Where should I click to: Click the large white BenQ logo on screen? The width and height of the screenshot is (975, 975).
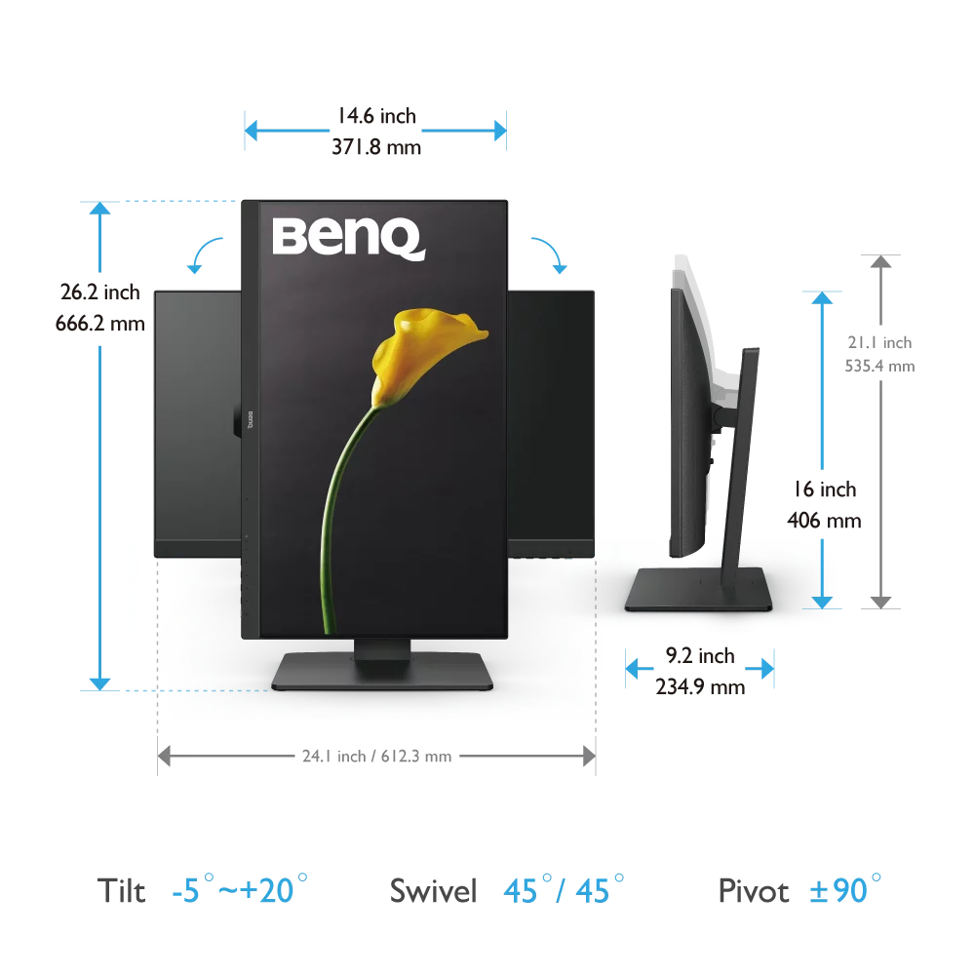coord(348,237)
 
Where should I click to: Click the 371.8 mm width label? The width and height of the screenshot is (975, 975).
coord(376,147)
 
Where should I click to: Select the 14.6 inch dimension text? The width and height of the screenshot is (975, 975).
coord(376,116)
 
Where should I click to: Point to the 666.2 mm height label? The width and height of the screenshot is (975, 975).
coord(100,323)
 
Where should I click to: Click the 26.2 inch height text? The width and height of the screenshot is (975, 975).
coord(100,292)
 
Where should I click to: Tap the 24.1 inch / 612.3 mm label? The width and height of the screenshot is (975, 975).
coord(376,756)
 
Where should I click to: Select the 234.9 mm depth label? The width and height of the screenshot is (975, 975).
coord(700,686)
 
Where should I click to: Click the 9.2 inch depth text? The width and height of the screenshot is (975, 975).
coord(700,655)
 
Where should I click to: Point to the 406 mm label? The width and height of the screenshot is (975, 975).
coord(824,520)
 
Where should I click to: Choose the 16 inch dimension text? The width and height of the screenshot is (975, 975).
coord(824,489)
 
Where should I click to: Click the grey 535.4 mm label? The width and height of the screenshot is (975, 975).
coord(880,367)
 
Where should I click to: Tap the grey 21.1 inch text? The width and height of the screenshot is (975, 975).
coord(880,342)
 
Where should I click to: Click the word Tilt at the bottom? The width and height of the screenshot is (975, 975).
coord(121,890)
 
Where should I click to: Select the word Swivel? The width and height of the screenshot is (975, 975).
coord(433,890)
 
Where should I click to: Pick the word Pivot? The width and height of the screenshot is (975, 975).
coord(754,890)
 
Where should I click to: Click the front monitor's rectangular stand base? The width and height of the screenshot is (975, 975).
coord(382,673)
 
